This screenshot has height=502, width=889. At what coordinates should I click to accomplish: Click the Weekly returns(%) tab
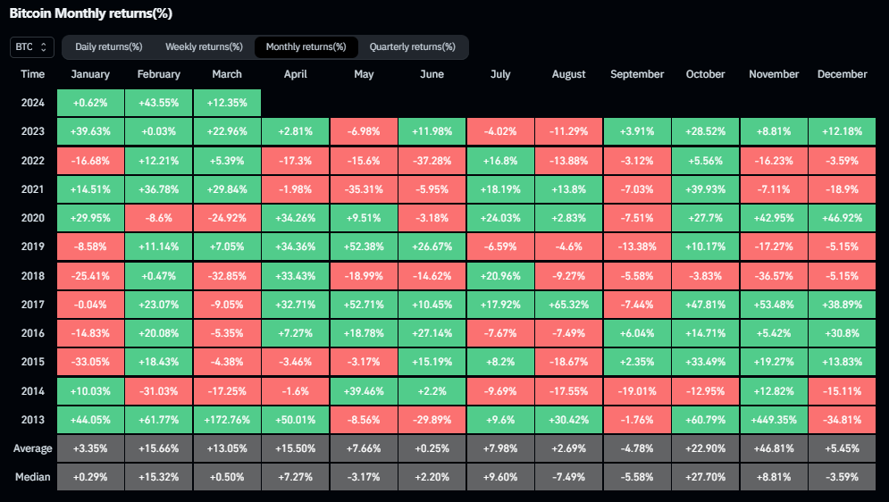(204, 47)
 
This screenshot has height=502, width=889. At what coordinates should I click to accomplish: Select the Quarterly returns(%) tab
(412, 47)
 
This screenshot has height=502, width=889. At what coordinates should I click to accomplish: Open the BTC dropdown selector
(32, 47)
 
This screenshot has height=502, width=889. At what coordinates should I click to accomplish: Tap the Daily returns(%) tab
(108, 47)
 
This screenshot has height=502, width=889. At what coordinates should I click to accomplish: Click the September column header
(637, 74)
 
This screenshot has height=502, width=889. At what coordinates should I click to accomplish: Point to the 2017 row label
(32, 305)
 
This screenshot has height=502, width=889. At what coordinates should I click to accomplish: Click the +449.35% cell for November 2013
(774, 420)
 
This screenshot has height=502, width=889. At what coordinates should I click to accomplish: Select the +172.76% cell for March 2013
(227, 420)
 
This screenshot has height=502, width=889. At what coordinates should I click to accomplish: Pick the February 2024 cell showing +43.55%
(158, 103)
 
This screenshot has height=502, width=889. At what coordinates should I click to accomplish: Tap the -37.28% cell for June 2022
(432, 161)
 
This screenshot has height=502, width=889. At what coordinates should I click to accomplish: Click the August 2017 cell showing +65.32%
(568, 305)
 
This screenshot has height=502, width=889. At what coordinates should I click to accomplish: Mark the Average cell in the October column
(705, 448)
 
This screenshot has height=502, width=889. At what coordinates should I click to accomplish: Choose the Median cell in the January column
(90, 477)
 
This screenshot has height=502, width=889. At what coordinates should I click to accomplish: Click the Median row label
(32, 477)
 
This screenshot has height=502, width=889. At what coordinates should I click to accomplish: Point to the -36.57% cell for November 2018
(774, 276)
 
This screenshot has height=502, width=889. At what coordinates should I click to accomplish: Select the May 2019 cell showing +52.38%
(364, 247)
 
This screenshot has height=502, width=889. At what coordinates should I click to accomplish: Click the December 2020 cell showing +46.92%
(842, 218)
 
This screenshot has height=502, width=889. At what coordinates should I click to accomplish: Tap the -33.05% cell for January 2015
(90, 362)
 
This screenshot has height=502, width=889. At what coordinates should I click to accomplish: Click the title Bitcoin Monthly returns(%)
(91, 13)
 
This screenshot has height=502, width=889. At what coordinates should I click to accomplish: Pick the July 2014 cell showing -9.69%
(500, 391)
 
